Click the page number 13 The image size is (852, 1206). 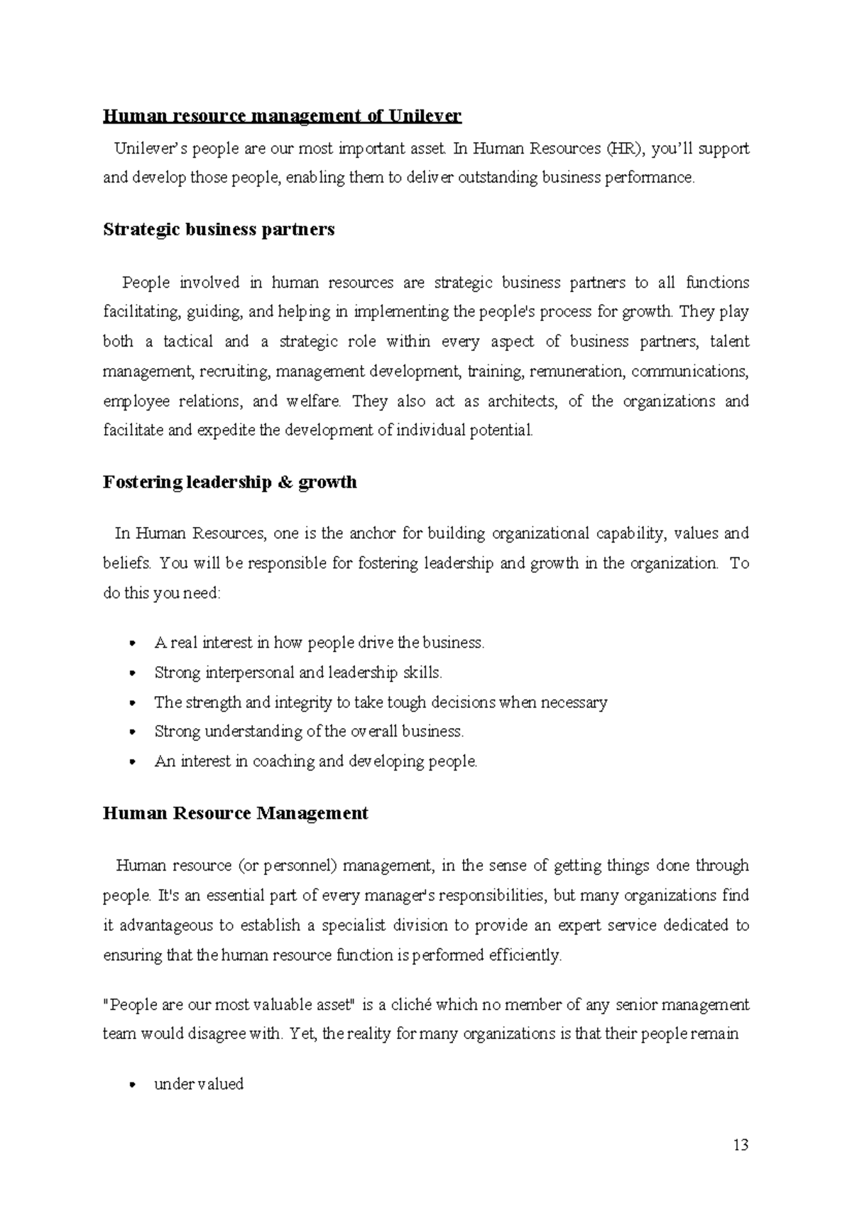coord(741,1145)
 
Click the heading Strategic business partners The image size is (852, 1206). coord(219,229)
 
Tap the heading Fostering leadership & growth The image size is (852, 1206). coord(229,482)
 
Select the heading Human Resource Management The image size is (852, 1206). coord(235,813)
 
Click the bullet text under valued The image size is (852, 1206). coord(199,1084)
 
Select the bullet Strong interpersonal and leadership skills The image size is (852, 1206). coord(298,672)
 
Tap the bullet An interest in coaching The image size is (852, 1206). coord(316,761)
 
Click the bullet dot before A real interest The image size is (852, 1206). coord(133,643)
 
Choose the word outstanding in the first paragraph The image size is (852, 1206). coord(498,178)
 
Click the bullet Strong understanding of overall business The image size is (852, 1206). coord(309,732)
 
